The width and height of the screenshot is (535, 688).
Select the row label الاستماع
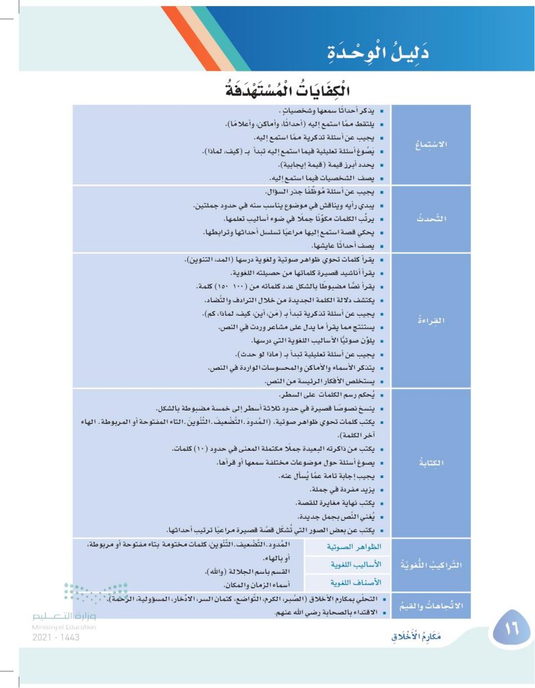431,144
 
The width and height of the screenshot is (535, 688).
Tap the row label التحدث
431,218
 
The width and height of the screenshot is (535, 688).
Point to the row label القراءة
431,320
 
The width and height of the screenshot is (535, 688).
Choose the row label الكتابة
431,462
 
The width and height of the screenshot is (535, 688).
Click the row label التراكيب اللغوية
431,564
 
